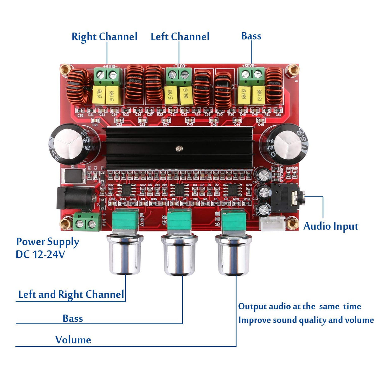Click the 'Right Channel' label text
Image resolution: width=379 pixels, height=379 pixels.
click(104, 37)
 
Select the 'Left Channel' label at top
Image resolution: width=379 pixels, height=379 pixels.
click(180, 37)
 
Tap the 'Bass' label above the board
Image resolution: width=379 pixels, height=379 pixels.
click(251, 36)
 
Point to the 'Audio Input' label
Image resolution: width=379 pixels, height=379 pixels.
click(331, 226)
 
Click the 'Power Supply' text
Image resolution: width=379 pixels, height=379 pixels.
click(47, 242)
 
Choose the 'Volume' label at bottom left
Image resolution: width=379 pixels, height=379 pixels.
click(73, 340)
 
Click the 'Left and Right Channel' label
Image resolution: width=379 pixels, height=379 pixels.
click(71, 294)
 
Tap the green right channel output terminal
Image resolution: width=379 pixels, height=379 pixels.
click(107, 76)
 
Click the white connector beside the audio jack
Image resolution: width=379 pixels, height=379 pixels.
click(272, 223)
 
